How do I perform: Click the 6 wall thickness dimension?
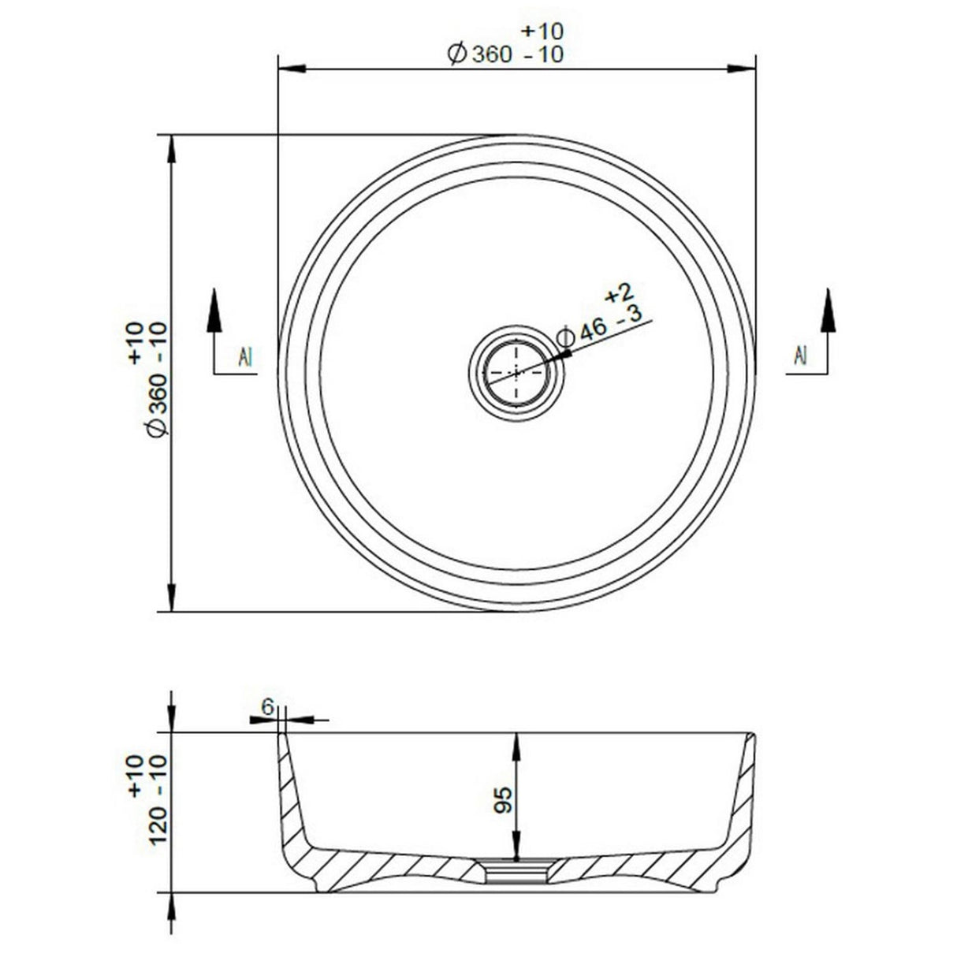[267, 707]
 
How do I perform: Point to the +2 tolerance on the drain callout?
[619, 294]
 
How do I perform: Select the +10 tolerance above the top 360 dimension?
[542, 32]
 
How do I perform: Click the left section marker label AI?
[245, 358]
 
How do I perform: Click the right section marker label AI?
[800, 356]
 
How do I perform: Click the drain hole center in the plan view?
[516, 371]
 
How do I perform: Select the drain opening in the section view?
[516, 871]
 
